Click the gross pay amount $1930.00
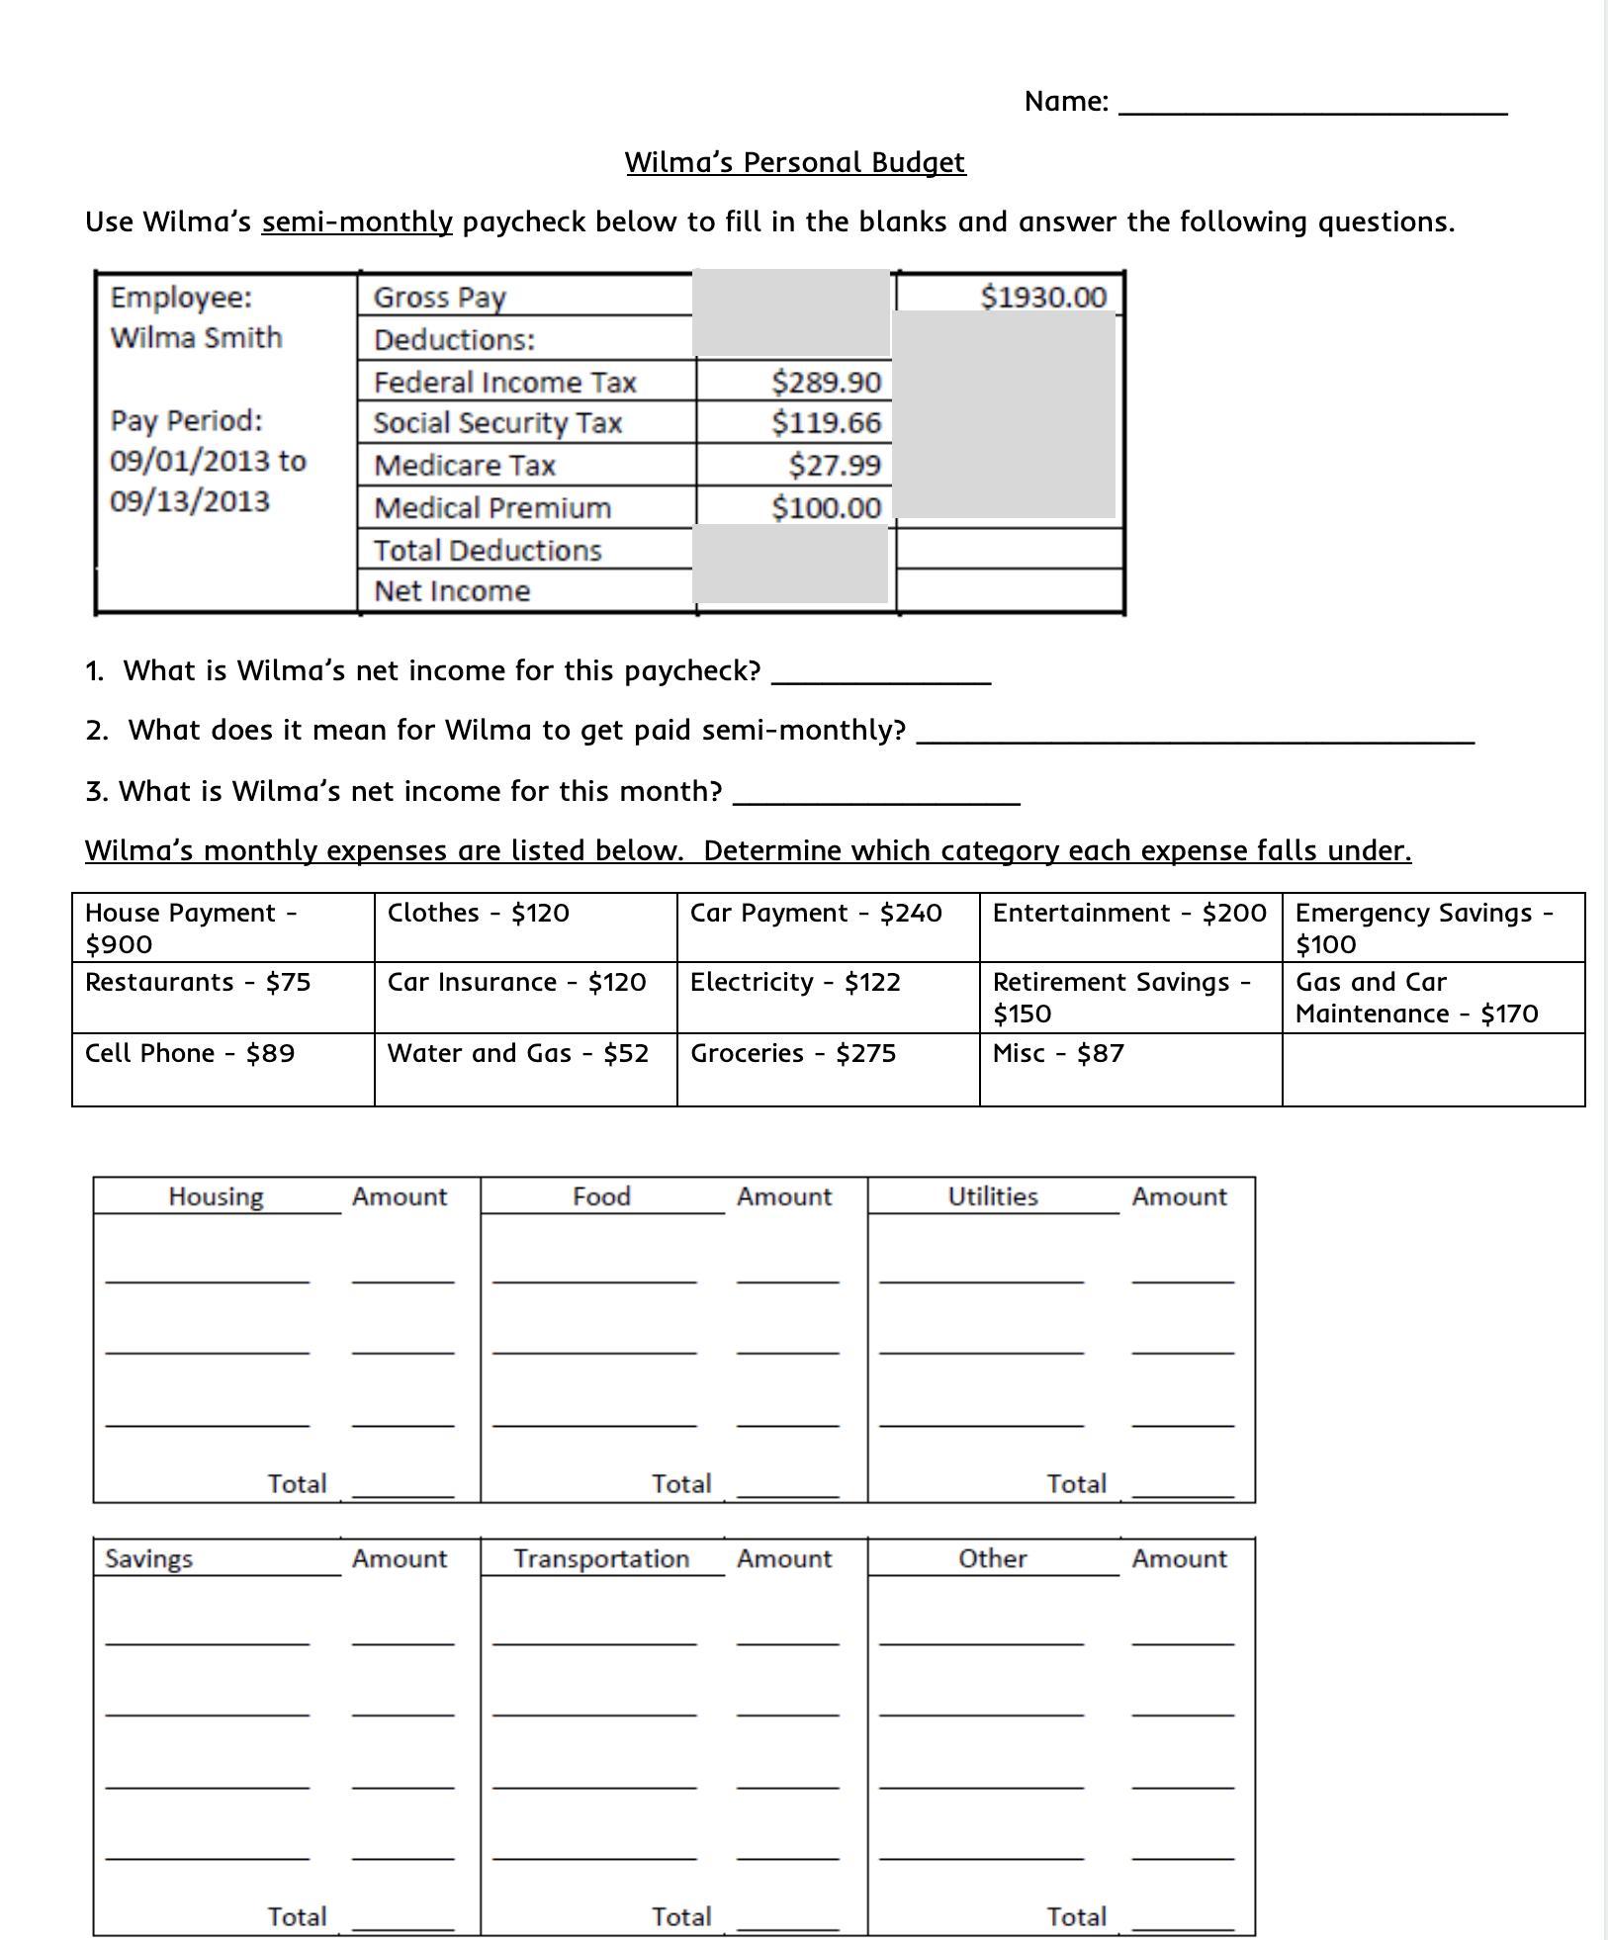1042,297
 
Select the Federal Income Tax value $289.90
826,382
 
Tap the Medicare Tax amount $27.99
834,465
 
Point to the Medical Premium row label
492,507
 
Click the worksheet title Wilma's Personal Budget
794,162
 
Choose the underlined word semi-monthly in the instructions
357,221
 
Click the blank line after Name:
1312,103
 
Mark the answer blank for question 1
880,672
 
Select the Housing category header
216,1196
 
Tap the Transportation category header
601,1558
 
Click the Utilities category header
992,1196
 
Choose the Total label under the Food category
681,1483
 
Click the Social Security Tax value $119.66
826,423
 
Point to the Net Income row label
452,591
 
